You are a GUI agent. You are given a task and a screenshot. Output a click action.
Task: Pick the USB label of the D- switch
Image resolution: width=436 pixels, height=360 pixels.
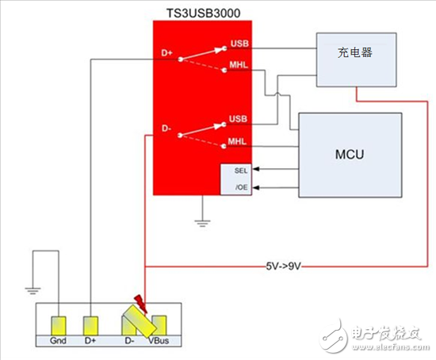(239, 119)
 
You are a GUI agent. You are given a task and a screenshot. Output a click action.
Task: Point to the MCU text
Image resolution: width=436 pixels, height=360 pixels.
(349, 154)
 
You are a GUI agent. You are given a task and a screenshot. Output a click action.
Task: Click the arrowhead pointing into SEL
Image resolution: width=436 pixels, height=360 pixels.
(258, 170)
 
